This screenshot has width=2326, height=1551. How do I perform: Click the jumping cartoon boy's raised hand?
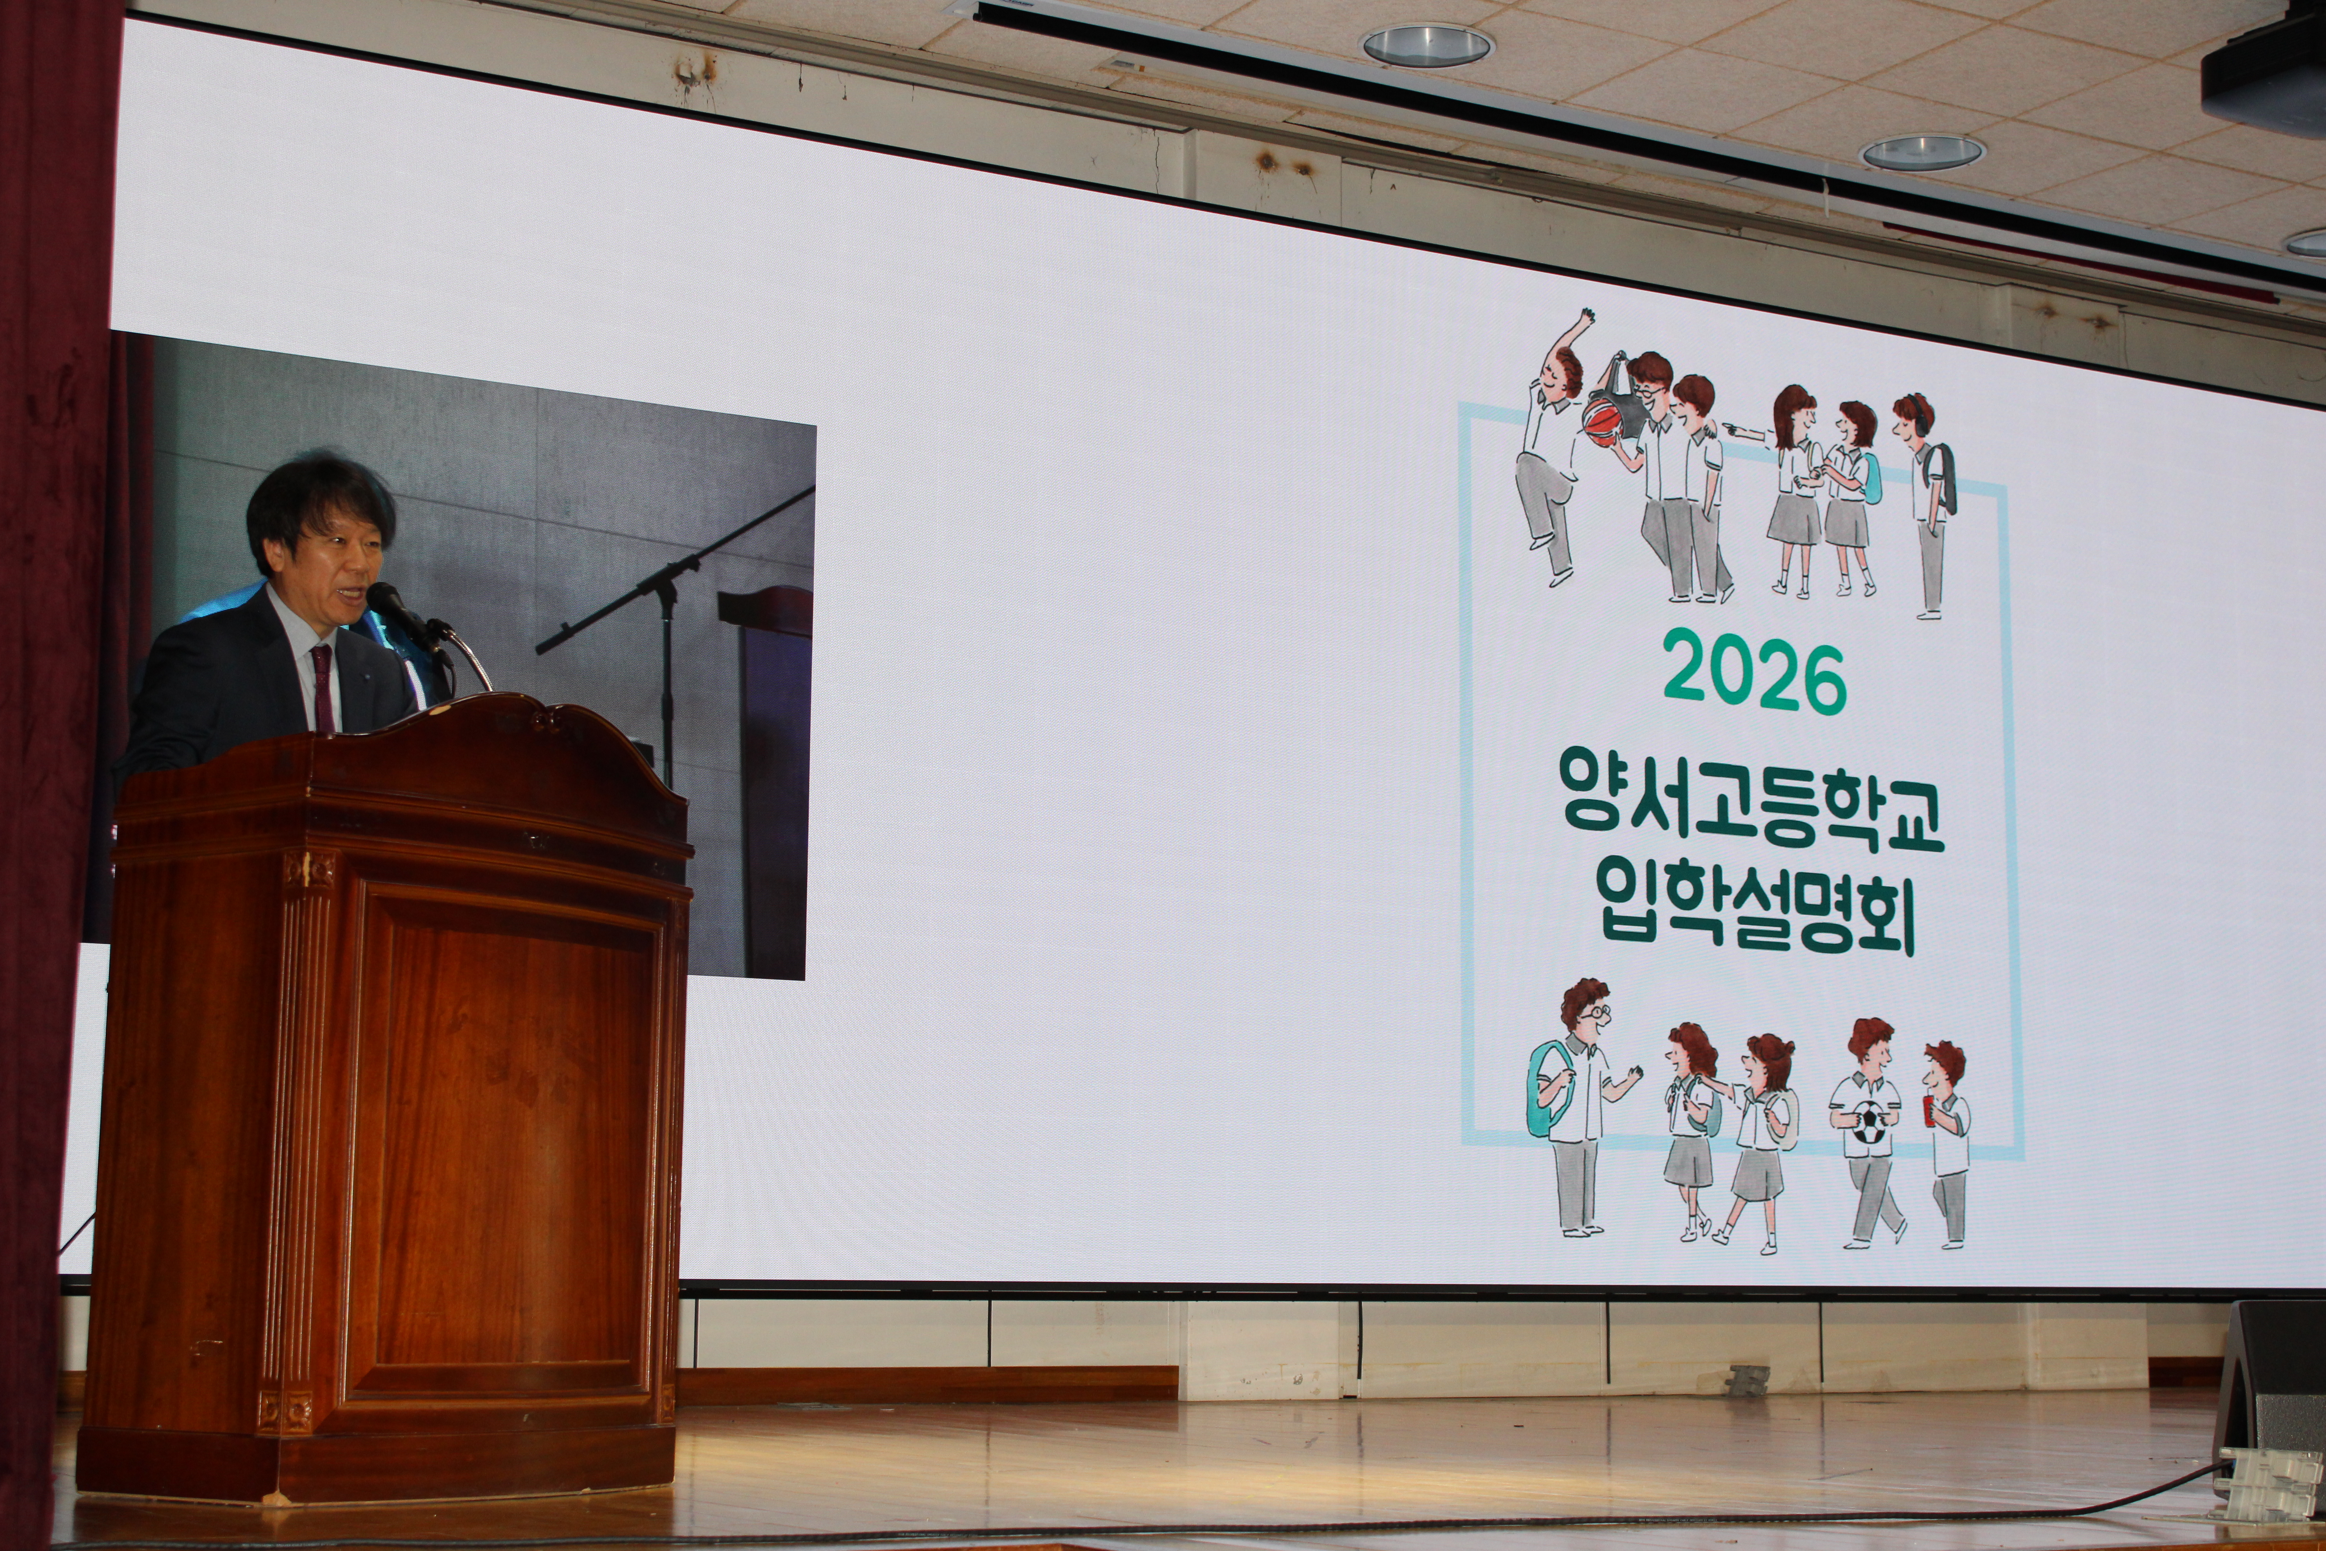point(1586,318)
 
